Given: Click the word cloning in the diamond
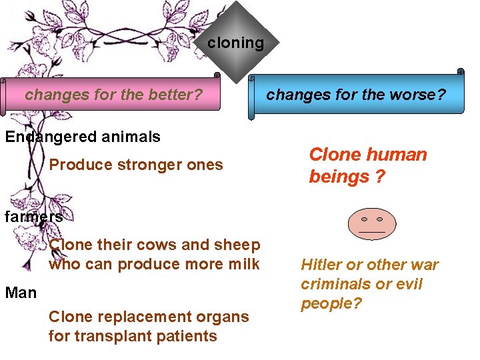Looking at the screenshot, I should (x=235, y=43).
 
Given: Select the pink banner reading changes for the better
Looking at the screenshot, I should (x=113, y=95).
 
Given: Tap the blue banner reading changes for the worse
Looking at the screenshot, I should (x=357, y=95).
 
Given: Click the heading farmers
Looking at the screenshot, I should (x=33, y=217).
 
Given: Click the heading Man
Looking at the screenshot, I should (x=21, y=293).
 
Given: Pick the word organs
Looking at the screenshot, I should (x=225, y=317).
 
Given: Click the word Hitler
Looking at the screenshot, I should (x=321, y=265).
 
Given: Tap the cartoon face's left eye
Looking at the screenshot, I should (x=364, y=219).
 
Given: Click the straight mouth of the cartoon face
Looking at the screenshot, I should (x=371, y=232).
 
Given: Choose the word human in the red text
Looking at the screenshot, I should (x=394, y=155).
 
